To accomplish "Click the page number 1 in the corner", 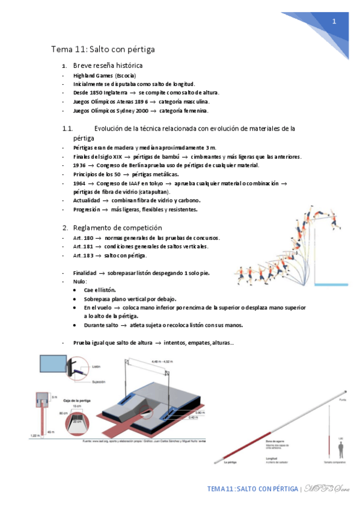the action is [334, 22].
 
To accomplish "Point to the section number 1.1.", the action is [68, 129].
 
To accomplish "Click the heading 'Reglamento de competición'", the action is [117, 228].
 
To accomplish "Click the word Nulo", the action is [80, 281].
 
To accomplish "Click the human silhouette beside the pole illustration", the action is [340, 449].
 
